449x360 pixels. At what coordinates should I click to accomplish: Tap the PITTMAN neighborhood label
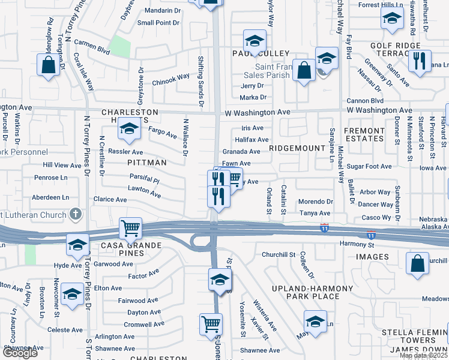tap(145, 162)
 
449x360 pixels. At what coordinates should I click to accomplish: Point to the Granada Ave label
tap(241, 152)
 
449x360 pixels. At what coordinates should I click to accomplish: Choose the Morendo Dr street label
tap(316, 202)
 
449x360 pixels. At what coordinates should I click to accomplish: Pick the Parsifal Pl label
tap(145, 179)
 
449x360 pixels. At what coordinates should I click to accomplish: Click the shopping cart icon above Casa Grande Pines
tap(130, 228)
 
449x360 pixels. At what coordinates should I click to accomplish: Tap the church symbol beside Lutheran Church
tap(75, 213)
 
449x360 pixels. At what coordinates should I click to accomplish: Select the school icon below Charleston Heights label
tap(129, 128)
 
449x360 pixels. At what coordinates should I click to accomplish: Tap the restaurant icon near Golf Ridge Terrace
tap(419, 61)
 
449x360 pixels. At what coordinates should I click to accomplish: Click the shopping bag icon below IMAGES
tap(417, 263)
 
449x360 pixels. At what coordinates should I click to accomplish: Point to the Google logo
tap(20, 353)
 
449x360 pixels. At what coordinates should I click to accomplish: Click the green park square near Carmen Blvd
tap(120, 47)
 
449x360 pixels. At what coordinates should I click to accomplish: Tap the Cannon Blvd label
tap(365, 101)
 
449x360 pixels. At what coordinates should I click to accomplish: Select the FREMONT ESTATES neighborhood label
tap(364, 134)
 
